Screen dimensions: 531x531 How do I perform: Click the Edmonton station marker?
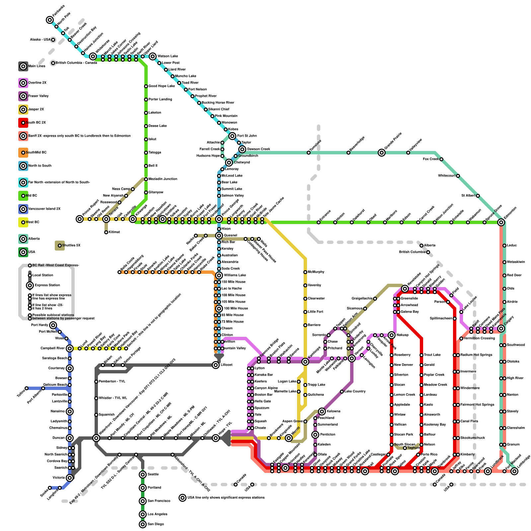[x=501, y=222]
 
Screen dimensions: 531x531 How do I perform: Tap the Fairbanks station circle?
[x=50, y=20]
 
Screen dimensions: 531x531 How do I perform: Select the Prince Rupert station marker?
[x=80, y=219]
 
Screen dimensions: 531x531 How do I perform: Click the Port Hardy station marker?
[x=53, y=325]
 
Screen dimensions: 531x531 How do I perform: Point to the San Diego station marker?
[x=143, y=524]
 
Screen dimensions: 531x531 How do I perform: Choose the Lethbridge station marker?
[x=514, y=471]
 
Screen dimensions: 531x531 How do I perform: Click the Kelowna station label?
[x=334, y=412]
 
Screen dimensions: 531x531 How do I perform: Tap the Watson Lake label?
[x=168, y=56]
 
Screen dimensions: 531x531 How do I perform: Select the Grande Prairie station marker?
[x=382, y=153]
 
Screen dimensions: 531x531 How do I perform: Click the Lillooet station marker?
[x=216, y=365]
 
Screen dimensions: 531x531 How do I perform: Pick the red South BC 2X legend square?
[x=23, y=123]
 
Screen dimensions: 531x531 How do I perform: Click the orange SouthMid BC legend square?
[x=23, y=153]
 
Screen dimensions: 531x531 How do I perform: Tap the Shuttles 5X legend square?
[x=60, y=246]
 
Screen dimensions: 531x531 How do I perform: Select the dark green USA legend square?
[x=23, y=252]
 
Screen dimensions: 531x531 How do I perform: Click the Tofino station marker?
[x=27, y=388]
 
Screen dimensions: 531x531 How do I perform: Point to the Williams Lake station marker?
[x=219, y=275]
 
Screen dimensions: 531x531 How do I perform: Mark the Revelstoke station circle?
[x=405, y=289]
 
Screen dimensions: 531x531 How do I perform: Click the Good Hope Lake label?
[x=161, y=86]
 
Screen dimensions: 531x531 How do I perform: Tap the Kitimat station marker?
[x=106, y=232]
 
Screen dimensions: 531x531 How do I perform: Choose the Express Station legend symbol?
[x=30, y=285]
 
